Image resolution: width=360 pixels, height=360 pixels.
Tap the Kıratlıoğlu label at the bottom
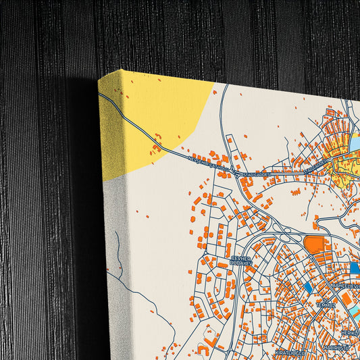(290, 352)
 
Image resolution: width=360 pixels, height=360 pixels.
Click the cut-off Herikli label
(350, 332)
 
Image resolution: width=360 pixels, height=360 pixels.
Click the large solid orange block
(313, 244)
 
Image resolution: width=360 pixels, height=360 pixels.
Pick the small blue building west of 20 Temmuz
(308, 288)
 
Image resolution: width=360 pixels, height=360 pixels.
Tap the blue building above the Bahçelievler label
(354, 268)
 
